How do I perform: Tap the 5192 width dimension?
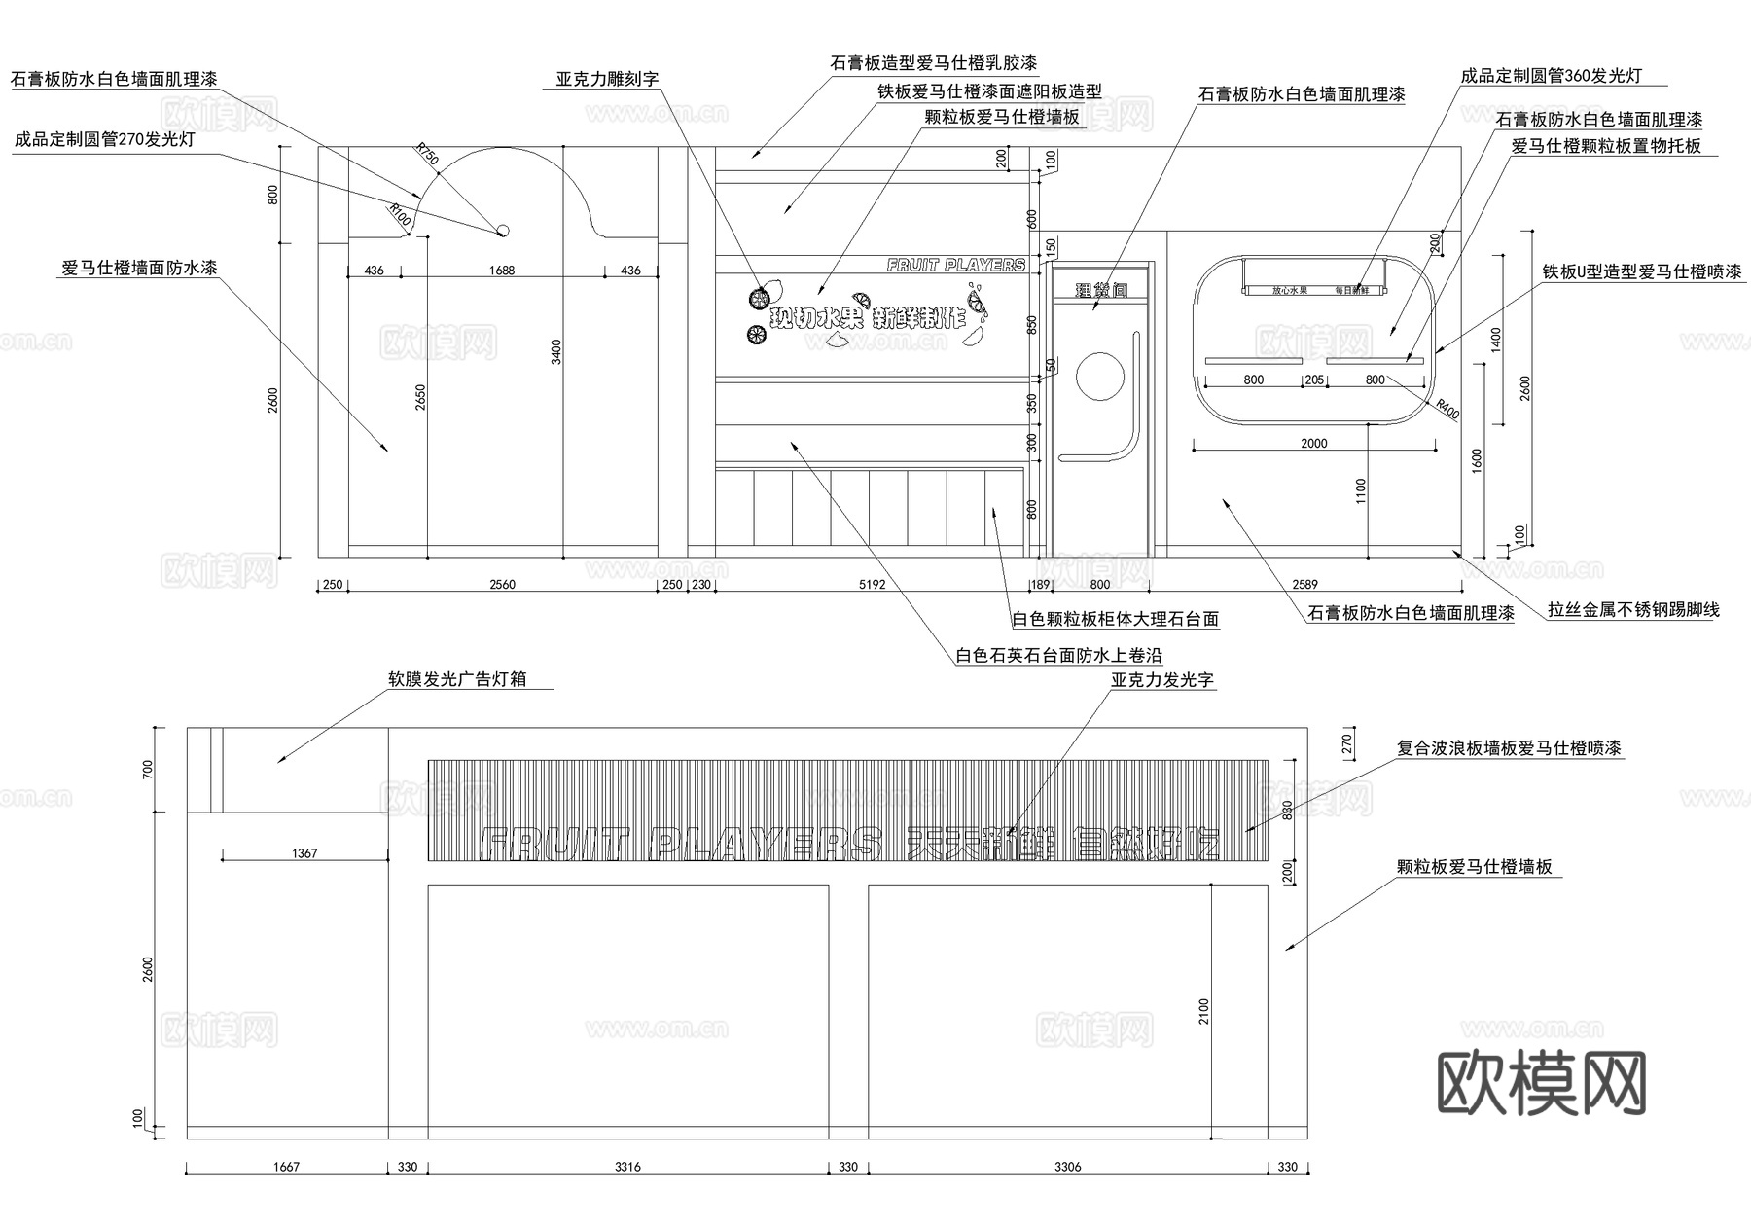tap(873, 585)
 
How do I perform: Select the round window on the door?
tap(1100, 375)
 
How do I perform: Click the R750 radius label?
tap(427, 154)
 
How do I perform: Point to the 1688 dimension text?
tap(502, 271)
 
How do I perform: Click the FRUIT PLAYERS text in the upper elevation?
tap(956, 265)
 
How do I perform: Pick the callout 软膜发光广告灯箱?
tap(457, 679)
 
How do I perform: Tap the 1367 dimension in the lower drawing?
tap(304, 853)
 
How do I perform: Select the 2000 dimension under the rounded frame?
tap(1314, 444)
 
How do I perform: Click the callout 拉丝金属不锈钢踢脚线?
tap(1633, 610)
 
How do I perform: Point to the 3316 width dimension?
tap(628, 1167)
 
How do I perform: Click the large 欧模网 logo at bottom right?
tap(1541, 1083)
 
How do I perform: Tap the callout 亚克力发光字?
tap(1162, 680)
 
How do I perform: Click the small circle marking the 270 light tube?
tap(503, 231)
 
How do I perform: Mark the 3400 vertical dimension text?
tap(556, 350)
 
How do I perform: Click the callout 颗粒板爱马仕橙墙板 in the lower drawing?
tap(1474, 867)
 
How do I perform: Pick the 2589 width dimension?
tap(1304, 585)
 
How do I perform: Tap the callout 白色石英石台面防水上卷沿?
tap(1058, 656)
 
